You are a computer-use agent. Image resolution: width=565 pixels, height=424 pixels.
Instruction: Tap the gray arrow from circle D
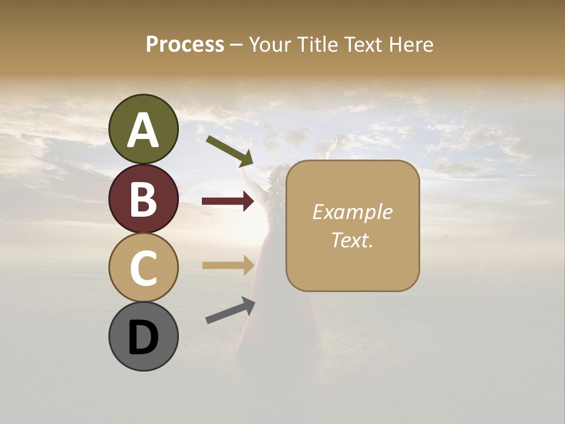(230, 310)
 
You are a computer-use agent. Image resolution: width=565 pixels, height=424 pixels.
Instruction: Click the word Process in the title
(185, 44)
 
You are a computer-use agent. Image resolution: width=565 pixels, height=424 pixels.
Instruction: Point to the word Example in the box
(352, 212)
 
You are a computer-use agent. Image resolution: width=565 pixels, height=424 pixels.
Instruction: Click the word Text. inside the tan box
(352, 240)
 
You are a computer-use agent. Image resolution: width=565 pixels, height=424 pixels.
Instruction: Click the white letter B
(144, 199)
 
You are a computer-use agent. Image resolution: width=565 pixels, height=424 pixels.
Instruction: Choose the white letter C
(144, 269)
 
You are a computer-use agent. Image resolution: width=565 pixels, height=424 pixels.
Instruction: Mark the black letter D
(144, 338)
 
